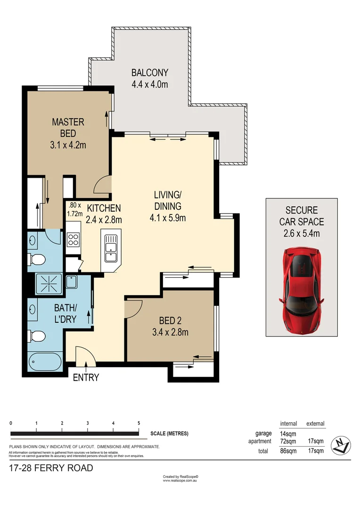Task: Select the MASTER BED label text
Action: coord(68,128)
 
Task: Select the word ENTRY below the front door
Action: coord(86,378)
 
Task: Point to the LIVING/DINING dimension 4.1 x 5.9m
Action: coord(168,218)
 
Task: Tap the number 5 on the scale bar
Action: coord(139,423)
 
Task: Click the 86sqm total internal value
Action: coord(288,451)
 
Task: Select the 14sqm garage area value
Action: coord(288,434)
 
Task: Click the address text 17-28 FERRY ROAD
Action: coord(51,468)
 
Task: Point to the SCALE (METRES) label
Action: coord(170,434)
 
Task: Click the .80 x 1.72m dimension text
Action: coord(75,209)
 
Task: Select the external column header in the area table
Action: coord(315,424)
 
